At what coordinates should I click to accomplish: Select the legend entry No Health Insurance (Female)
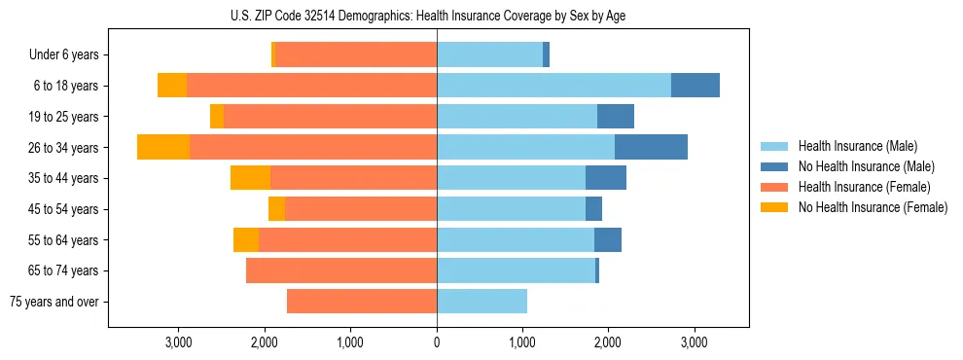[872, 207]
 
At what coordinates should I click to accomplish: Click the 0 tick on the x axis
[437, 342]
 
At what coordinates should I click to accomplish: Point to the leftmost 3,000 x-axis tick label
[179, 342]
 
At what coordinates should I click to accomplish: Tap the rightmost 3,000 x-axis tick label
[694, 342]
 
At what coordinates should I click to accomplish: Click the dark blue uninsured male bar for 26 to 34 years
[651, 147]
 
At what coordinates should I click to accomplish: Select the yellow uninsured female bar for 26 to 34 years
[163, 147]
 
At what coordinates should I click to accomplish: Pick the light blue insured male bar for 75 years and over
[481, 302]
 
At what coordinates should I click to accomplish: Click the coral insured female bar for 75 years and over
[362, 302]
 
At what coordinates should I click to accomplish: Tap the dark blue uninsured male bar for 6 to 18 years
[695, 86]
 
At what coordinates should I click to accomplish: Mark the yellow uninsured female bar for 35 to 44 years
[250, 178]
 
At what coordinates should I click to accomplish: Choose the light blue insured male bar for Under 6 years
[489, 55]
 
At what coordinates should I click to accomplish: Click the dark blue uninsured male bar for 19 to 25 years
[616, 117]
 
